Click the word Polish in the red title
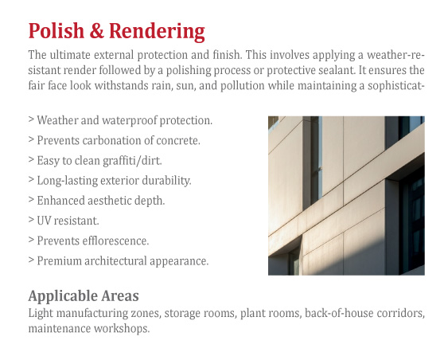[56, 30]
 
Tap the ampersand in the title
[96, 30]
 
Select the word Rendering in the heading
[157, 32]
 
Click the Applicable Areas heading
[84, 296]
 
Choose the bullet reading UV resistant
[64, 221]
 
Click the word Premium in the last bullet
[59, 261]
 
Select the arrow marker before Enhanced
[31, 200]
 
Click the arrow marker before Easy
[31, 159]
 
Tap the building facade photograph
[346, 196]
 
